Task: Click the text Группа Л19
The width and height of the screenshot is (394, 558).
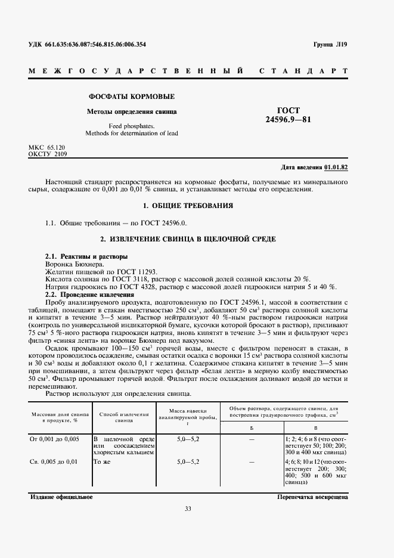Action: (x=330, y=45)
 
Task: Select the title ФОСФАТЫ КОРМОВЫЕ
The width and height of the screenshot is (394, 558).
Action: (x=132, y=96)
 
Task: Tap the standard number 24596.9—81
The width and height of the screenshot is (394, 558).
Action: (x=288, y=119)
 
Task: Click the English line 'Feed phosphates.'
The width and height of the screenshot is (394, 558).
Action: (x=132, y=126)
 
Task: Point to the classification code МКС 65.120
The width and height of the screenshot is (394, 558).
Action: (x=47, y=147)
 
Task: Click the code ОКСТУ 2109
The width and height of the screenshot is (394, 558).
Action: (x=48, y=154)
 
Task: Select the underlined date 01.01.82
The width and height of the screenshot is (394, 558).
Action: (x=336, y=167)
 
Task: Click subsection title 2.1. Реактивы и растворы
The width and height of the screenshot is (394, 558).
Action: (x=86, y=256)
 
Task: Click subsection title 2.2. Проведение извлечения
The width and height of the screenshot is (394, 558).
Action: (x=90, y=294)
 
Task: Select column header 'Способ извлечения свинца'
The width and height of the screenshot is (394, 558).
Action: (x=123, y=416)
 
